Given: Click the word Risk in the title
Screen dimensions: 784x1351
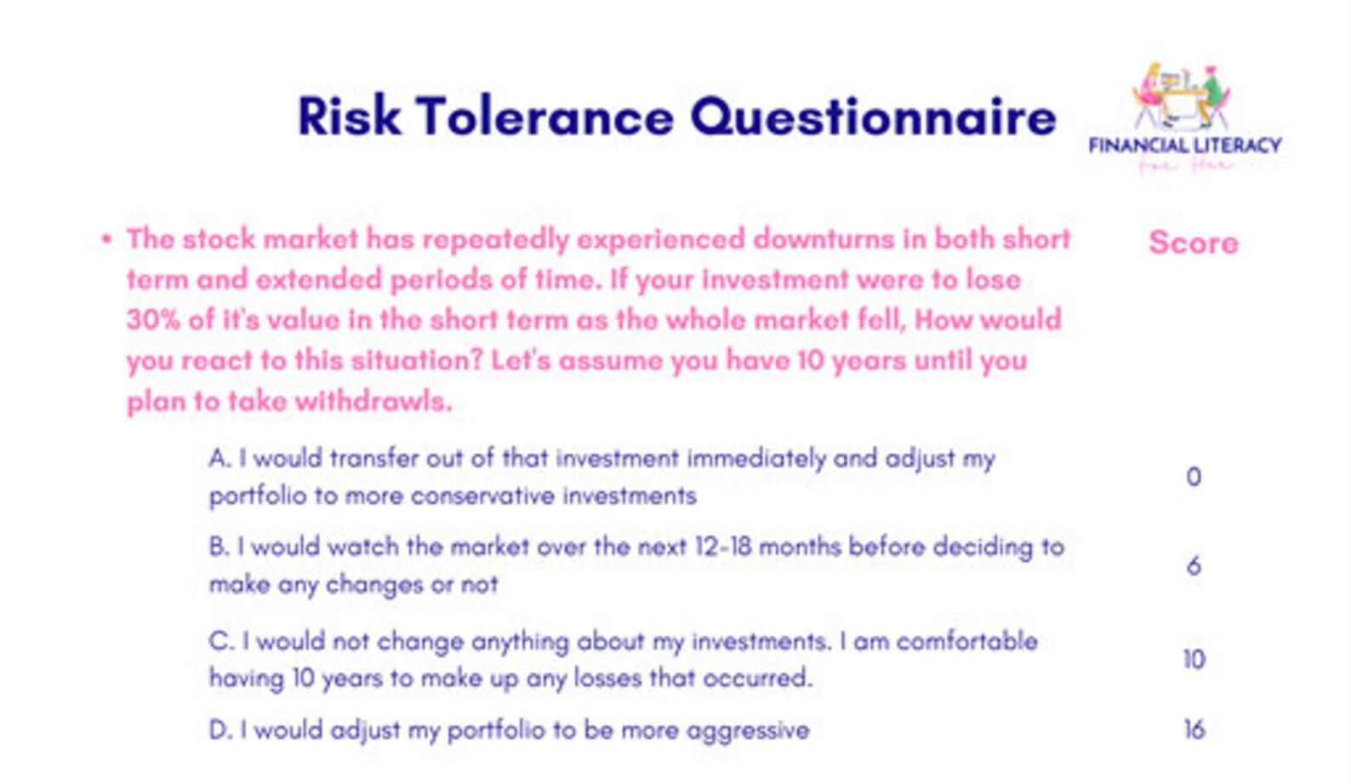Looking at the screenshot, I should click(349, 117).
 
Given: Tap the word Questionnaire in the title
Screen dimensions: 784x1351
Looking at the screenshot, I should click(873, 117).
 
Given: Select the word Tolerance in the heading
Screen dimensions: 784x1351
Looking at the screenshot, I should click(544, 117).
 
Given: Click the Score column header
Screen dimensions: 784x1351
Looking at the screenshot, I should click(1193, 243).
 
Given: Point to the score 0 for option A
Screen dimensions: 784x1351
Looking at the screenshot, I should click(1194, 477).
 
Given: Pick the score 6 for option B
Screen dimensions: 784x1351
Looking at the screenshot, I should click(1194, 566).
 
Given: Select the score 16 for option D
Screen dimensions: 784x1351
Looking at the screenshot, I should click(1194, 730).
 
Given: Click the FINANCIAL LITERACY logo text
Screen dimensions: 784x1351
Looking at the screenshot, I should click(1185, 146).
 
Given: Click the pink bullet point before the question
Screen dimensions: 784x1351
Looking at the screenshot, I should click(106, 239).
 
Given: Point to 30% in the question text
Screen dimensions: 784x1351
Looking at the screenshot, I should click(154, 320).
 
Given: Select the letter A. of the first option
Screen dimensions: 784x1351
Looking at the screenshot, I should click(219, 459).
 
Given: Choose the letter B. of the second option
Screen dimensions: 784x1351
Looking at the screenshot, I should click(219, 547).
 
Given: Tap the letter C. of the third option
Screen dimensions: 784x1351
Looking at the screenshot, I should click(220, 641).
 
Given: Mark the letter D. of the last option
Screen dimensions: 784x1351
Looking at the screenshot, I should click(219, 730).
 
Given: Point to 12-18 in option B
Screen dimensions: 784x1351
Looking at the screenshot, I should click(722, 547).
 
